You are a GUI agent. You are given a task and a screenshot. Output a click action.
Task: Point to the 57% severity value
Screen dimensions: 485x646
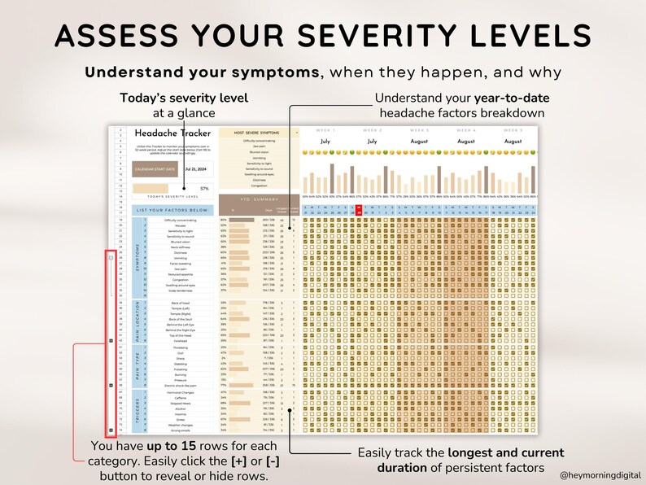click(204, 188)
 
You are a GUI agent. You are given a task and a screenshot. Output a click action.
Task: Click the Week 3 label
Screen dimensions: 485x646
click(420, 129)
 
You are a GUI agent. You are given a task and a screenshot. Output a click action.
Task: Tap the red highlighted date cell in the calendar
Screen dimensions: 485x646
click(358, 210)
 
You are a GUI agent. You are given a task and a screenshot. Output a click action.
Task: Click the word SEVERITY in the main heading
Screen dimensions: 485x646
click(379, 36)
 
